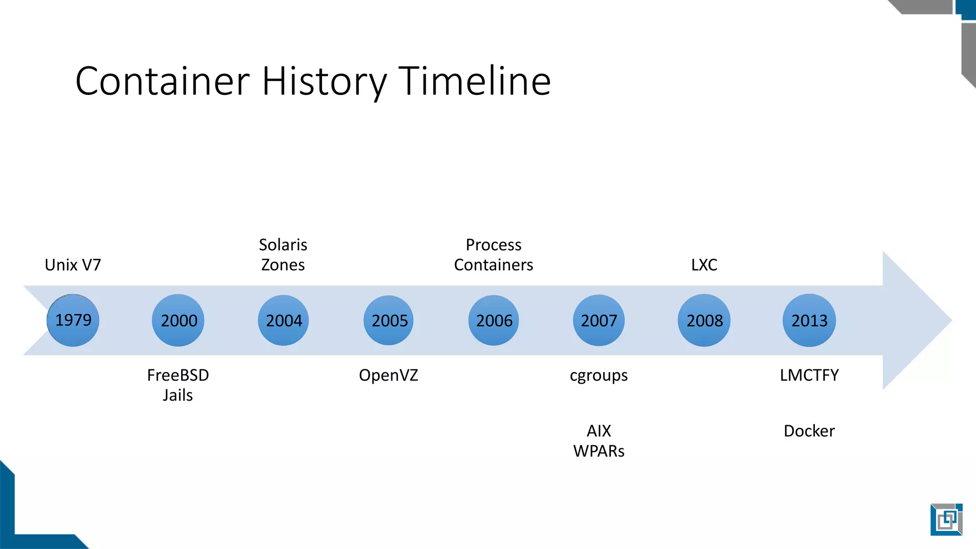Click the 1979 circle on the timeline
click(x=73, y=320)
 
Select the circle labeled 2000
click(x=178, y=320)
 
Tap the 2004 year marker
click(x=284, y=320)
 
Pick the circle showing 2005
click(x=389, y=320)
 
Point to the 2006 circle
click(x=494, y=320)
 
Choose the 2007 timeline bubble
click(x=599, y=320)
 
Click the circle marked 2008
click(x=704, y=320)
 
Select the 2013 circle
click(x=809, y=320)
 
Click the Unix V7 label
click(x=73, y=265)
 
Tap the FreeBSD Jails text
click(x=178, y=385)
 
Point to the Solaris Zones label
click(x=283, y=255)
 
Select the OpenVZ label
click(x=388, y=376)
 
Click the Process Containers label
click(x=494, y=255)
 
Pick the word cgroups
click(x=599, y=376)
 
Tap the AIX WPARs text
click(x=599, y=441)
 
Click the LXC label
click(x=704, y=265)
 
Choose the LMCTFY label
click(x=809, y=376)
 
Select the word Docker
click(x=809, y=431)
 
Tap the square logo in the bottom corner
click(x=946, y=519)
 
